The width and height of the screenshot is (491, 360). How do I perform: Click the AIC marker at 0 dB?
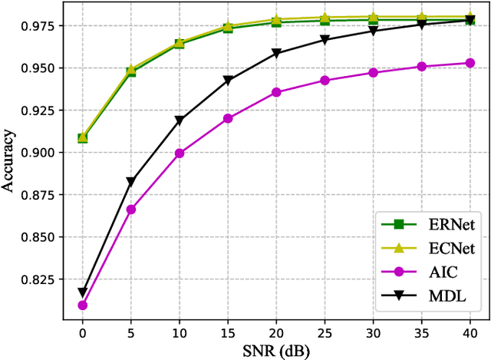click(82, 306)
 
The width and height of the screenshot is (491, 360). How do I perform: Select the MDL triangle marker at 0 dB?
click(82, 292)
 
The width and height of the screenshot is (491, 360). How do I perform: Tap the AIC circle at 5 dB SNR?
click(130, 210)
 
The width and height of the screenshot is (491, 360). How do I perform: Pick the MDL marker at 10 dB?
click(180, 121)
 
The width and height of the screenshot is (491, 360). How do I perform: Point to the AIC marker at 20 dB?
click(276, 92)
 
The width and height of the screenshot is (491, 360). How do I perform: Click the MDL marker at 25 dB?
click(325, 40)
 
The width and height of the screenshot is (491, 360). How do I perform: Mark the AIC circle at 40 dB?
click(470, 63)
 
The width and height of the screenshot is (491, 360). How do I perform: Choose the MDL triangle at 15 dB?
click(228, 80)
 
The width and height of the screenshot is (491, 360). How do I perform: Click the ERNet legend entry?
click(428, 225)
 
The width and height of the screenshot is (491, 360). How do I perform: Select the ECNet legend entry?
click(428, 248)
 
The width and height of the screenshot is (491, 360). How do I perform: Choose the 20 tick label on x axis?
click(276, 332)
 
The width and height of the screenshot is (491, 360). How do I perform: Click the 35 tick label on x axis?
click(422, 332)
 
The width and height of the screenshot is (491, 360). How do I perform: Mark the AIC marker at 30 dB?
click(374, 73)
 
